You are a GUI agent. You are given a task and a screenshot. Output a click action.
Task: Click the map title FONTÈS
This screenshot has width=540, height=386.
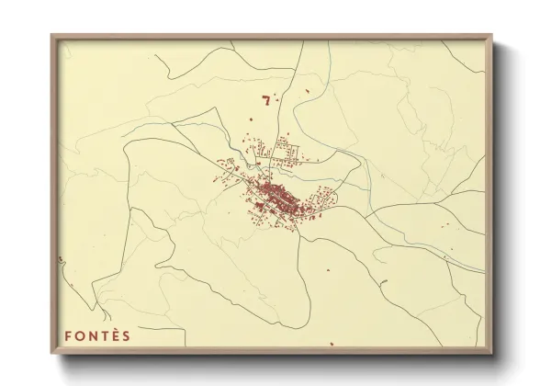coord(97,335)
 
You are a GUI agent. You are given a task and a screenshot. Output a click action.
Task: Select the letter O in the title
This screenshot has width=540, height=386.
coord(80,335)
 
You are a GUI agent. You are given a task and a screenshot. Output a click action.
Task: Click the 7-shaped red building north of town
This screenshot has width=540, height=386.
coord(266,100)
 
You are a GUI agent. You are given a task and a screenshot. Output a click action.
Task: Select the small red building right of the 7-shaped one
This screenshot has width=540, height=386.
coord(302,91)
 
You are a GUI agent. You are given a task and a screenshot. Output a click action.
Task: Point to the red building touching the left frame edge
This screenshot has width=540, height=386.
coord(59,260)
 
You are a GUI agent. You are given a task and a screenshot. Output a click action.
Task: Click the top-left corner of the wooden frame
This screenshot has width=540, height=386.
coord(51,35)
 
